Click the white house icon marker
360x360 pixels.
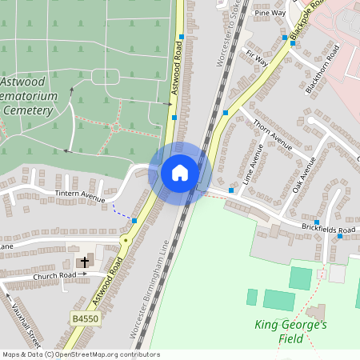click(180, 172)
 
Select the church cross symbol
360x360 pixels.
click(84, 262)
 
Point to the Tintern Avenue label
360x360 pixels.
click(80, 197)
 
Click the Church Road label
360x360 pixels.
click(54, 275)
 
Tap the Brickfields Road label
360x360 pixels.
click(328, 230)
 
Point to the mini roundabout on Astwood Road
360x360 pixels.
click(125, 240)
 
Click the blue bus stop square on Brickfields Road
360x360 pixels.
click(317, 222)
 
